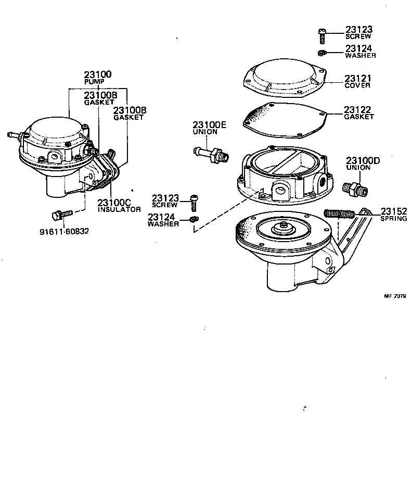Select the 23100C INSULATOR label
click(x=119, y=205)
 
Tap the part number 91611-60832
click(x=64, y=231)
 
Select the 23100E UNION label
click(x=209, y=128)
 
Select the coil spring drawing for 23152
click(x=339, y=213)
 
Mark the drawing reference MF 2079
click(x=395, y=296)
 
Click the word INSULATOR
click(x=119, y=209)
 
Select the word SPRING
click(x=393, y=219)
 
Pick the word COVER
click(x=357, y=85)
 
